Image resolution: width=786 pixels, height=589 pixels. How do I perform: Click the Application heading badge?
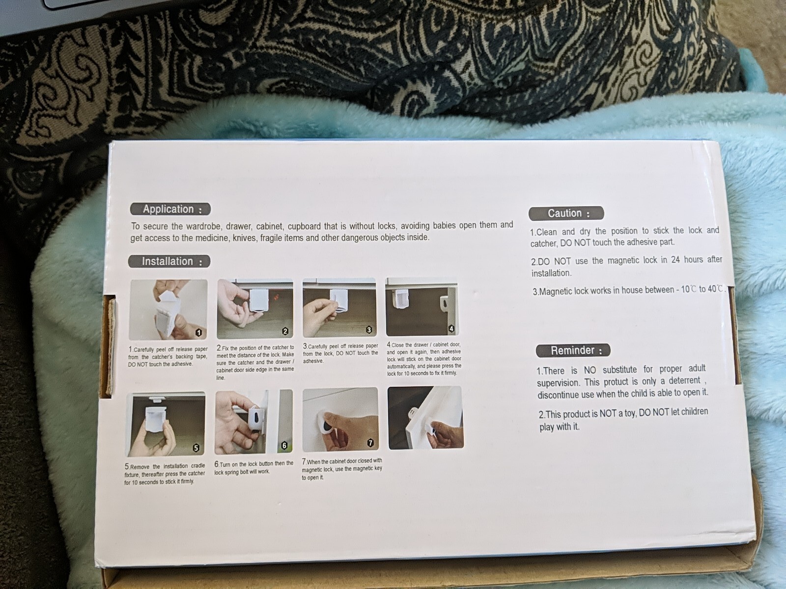(170, 209)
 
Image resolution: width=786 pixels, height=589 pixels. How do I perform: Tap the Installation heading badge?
(169, 262)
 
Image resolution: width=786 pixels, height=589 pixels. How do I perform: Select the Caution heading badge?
(566, 213)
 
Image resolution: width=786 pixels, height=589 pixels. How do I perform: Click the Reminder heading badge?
(573, 350)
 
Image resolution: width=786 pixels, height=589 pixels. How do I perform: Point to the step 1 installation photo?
(168, 310)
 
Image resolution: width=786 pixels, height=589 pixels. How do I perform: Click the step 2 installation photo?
(255, 309)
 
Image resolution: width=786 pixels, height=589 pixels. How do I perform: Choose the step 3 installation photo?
(339, 308)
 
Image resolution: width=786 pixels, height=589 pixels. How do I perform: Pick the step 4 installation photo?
(422, 307)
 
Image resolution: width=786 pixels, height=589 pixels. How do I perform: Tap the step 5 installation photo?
(166, 425)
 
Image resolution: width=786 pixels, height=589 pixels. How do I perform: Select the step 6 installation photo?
(253, 422)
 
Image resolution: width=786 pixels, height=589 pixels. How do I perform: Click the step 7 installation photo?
(340, 420)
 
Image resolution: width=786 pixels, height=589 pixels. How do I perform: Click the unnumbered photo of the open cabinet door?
(426, 417)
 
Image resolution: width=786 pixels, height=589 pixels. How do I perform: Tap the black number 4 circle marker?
(451, 329)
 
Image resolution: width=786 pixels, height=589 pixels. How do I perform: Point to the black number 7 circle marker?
(370, 443)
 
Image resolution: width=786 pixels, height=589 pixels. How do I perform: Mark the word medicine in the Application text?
(212, 238)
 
